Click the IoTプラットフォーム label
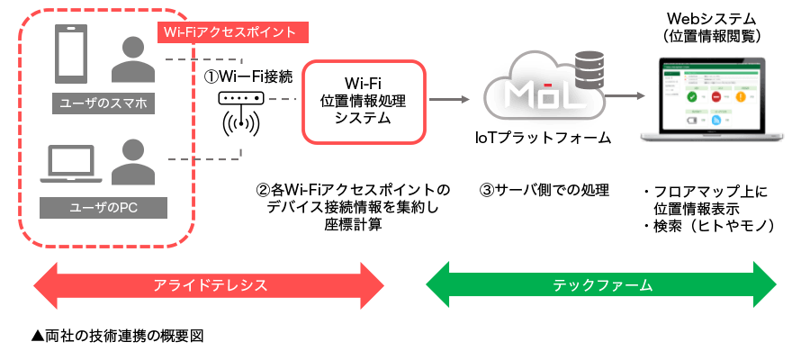coord(542,138)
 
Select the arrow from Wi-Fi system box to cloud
coord(450,100)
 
